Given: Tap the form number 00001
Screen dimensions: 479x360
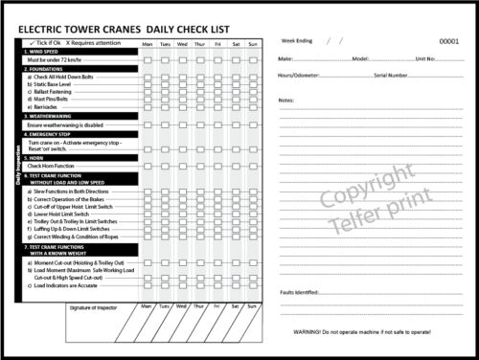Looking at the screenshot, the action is coord(448,42).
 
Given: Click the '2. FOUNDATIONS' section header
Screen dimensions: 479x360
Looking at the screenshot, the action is coord(49,69).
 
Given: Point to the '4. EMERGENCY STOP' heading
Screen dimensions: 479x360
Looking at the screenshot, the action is coord(54,134).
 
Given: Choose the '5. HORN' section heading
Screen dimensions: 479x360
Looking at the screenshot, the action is coord(38,157).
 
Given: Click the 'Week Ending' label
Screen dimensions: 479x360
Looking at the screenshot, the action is coord(296,42).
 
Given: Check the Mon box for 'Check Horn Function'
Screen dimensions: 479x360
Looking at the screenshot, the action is coord(148,166).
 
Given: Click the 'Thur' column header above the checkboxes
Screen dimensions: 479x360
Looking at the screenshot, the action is coord(200,44).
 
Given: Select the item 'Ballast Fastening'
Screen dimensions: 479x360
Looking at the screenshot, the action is coord(57,91).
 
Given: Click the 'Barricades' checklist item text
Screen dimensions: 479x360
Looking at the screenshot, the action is coord(48,106).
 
